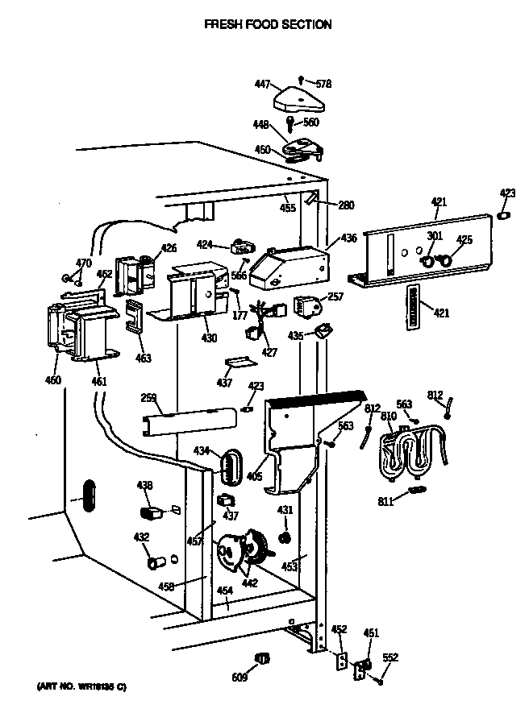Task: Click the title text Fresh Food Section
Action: (267, 25)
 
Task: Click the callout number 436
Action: (348, 238)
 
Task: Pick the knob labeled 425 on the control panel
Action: (441, 260)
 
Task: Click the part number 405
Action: (254, 476)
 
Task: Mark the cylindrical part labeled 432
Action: (153, 559)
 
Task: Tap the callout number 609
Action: (240, 678)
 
